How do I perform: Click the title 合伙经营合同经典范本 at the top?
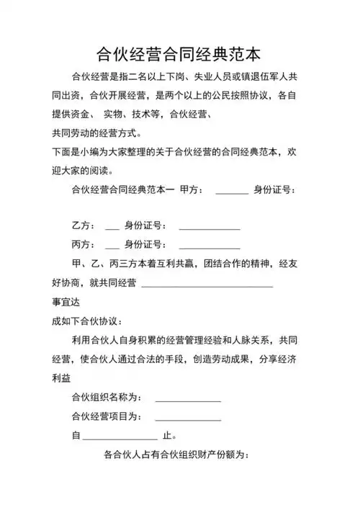point(179,53)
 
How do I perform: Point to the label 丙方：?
point(83,245)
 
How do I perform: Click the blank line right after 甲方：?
point(231,193)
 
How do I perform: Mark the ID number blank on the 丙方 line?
point(209,247)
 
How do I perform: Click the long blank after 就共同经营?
point(207,285)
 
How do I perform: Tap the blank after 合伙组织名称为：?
point(188,400)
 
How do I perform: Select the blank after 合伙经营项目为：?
point(188,419)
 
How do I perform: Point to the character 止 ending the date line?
point(168,436)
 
